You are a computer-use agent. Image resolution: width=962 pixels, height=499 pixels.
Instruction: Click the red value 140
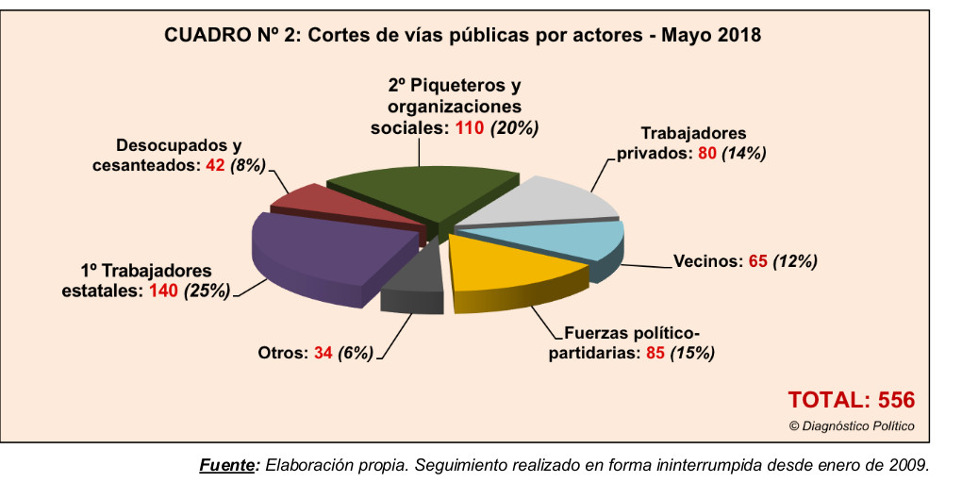pyautogui.click(x=164, y=291)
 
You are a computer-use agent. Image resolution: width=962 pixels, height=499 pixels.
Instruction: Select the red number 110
pyautogui.click(x=469, y=126)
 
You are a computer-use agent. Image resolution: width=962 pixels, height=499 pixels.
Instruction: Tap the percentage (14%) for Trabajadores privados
pyautogui.click(x=743, y=153)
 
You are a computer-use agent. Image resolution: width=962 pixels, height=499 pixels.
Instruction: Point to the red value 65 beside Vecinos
pyautogui.click(x=758, y=261)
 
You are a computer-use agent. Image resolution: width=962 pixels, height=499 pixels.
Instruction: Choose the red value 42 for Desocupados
pyautogui.click(x=214, y=164)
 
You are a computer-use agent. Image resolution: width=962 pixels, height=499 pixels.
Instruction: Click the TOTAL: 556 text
pyautogui.click(x=851, y=399)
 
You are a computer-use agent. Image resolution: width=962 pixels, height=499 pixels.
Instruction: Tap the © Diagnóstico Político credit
pyautogui.click(x=851, y=425)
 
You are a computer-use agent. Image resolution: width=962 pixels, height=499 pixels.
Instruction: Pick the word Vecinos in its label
pyautogui.click(x=706, y=261)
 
